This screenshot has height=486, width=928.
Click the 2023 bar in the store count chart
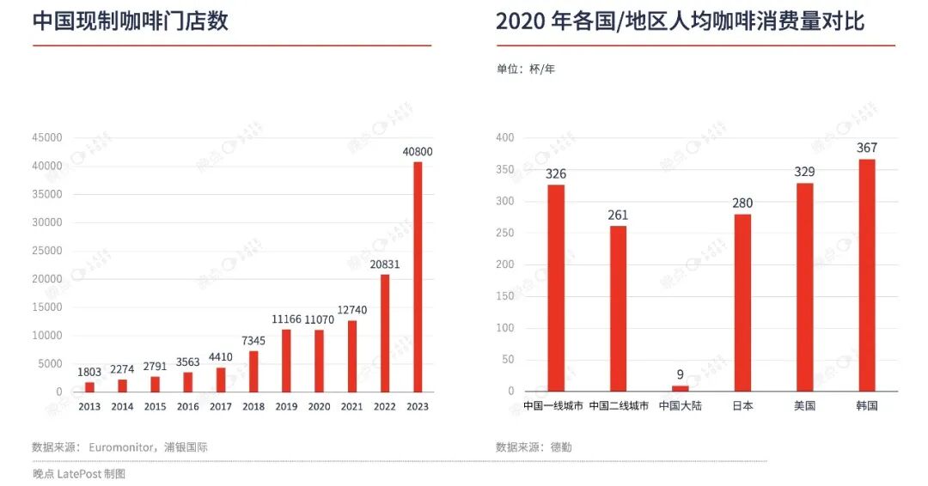[x=418, y=276]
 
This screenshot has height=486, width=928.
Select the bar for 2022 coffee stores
[x=385, y=333]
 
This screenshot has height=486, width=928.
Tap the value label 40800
[x=418, y=152]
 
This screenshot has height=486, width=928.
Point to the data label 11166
[x=286, y=319]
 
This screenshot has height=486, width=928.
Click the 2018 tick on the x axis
[x=253, y=407]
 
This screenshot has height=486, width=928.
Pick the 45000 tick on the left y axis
[x=46, y=137]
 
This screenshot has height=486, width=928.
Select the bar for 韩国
[x=867, y=275]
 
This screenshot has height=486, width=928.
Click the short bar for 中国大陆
[x=680, y=388]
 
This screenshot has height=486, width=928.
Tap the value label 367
[x=867, y=148]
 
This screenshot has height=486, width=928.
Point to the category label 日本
[x=742, y=406]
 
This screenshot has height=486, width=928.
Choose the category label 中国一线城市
[x=553, y=406]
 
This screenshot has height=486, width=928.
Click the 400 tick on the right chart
[x=505, y=137]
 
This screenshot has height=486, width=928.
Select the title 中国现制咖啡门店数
[x=131, y=21]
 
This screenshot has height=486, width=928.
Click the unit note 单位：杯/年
[x=526, y=70]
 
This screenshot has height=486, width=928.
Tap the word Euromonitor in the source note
[x=121, y=447]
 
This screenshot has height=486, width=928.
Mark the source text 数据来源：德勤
[x=534, y=447]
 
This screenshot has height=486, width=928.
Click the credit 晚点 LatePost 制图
[x=79, y=474]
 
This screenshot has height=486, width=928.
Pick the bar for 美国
[x=805, y=288]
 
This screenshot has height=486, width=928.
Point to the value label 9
[x=680, y=374]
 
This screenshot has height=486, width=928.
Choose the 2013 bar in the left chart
[x=89, y=387]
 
